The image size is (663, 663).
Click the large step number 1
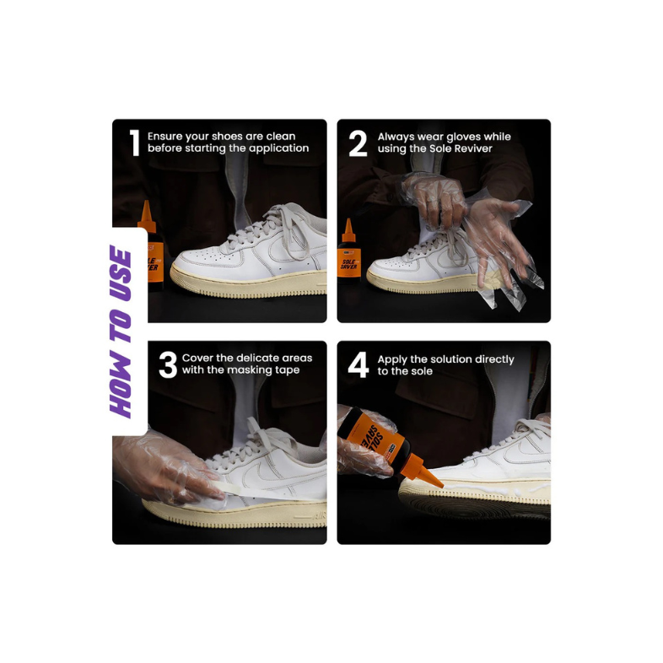(134, 143)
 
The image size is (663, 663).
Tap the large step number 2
(358, 143)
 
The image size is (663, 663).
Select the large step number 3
(168, 365)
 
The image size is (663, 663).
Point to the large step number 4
(358, 365)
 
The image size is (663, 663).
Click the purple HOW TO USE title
(121, 331)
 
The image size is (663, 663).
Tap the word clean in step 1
(281, 136)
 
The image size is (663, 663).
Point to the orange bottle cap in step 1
(147, 217)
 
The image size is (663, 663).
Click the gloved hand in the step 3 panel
(164, 469)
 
